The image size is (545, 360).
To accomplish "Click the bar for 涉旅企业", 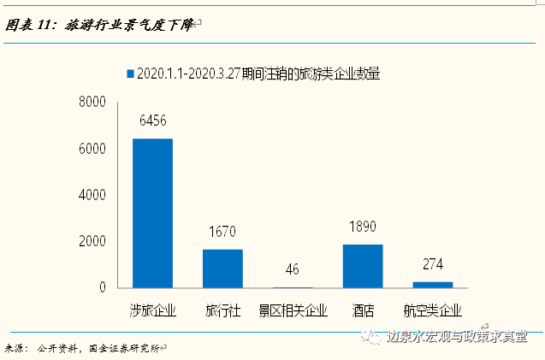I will coord(152,213).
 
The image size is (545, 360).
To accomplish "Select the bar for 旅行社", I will coord(222,269).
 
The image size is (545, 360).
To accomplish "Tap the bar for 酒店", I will coord(363,266).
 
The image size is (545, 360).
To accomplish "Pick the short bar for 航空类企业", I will coord(433,284).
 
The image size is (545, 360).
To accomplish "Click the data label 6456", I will coord(152,121).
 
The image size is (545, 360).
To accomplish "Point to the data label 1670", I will coord(222,232).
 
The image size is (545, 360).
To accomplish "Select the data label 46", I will coord(293,269).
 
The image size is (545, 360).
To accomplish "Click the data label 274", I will coord(433,264).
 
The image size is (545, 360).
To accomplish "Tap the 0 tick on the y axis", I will coord(101,288).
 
